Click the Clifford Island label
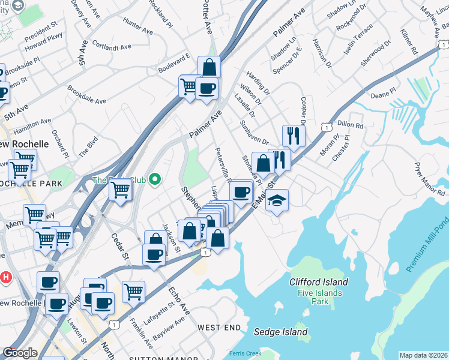318,282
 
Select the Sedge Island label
280,332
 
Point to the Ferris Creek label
245,353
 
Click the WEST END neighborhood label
220,328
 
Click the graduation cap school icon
277,199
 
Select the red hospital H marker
6,277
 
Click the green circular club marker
155,179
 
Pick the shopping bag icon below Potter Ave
209,67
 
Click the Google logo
20,353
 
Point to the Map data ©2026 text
424,355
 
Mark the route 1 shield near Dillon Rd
326,127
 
